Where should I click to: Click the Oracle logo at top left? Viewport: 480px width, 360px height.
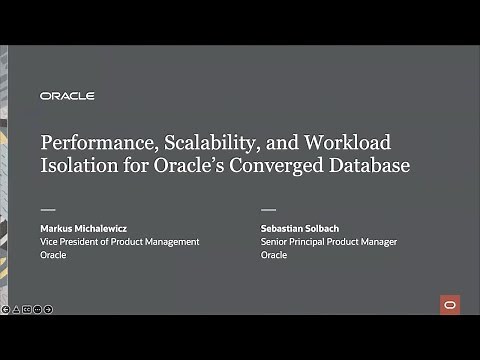[x=67, y=96]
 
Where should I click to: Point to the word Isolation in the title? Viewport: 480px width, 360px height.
[x=76, y=166]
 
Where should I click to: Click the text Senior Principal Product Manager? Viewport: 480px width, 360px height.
[x=328, y=242]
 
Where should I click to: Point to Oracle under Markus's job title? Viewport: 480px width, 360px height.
[x=53, y=255]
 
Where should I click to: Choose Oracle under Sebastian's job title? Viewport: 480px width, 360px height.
[x=274, y=255]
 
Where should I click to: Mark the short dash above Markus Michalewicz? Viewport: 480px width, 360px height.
[x=47, y=211]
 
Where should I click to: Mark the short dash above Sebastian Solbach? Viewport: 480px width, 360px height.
[x=268, y=211]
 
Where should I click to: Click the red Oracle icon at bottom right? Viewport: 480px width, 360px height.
[x=449, y=304]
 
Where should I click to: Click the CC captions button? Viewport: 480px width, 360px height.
[x=27, y=309]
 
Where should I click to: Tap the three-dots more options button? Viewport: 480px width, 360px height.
[x=38, y=309]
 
